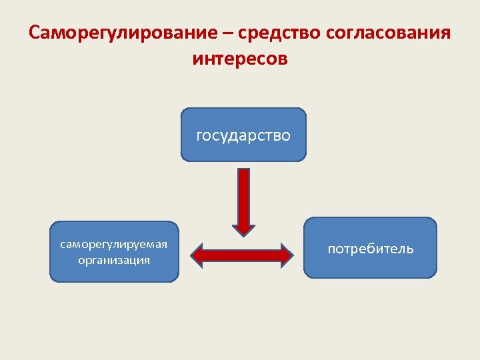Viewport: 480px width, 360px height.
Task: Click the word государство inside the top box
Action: [x=243, y=136]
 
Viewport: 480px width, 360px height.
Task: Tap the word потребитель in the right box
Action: [x=370, y=249]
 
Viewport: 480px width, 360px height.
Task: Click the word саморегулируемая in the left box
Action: [x=114, y=244]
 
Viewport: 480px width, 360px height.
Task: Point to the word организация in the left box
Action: [x=114, y=259]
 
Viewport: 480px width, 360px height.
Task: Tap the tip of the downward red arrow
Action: [x=244, y=234]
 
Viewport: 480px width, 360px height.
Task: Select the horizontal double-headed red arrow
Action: [x=242, y=254]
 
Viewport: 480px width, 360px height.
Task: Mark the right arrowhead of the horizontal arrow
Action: [x=286, y=254]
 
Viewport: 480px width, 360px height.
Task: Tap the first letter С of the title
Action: [x=35, y=33]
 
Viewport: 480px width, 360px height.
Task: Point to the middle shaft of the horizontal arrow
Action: [x=242, y=254]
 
